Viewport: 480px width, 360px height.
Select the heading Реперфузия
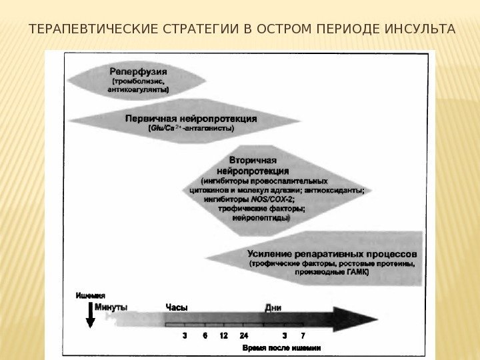coord(139,70)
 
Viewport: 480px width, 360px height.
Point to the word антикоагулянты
coord(138,89)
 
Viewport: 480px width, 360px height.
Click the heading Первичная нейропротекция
coord(191,119)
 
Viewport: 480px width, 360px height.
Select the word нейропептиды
coord(260,217)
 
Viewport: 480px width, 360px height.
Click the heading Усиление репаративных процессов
coord(333,253)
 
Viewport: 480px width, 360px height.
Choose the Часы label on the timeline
coord(176,307)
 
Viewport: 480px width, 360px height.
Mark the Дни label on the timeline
coord(273,307)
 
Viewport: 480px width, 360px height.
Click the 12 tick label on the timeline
coord(223,336)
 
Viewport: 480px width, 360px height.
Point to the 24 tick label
coord(244,336)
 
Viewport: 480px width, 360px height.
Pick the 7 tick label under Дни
coord(303,336)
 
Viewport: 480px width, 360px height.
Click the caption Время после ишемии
coord(281,348)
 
